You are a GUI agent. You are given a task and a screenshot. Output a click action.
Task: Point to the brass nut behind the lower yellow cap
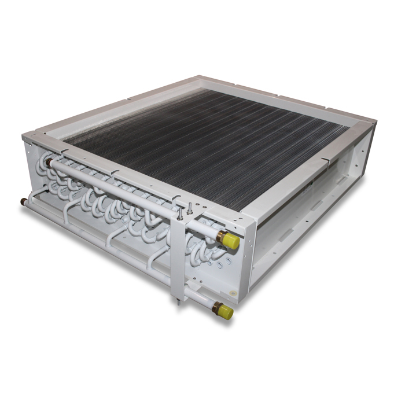(216, 307)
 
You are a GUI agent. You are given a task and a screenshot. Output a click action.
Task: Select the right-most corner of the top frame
(375, 122)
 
